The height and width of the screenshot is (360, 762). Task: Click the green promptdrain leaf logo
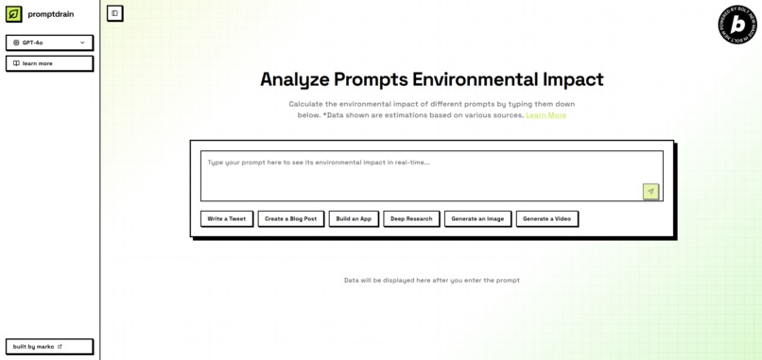(14, 14)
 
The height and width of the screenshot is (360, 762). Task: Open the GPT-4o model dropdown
(49, 43)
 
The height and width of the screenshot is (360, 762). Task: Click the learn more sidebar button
(49, 63)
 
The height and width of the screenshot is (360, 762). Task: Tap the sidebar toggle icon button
(114, 13)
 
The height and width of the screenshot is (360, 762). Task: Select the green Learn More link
(546, 115)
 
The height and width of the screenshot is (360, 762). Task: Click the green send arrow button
(650, 192)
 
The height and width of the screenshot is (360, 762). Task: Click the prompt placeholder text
(319, 163)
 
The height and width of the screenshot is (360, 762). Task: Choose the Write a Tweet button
(227, 218)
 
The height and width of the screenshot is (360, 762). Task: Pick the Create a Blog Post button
(290, 218)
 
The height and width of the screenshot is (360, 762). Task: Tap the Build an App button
(354, 218)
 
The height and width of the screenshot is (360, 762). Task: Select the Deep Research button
(411, 218)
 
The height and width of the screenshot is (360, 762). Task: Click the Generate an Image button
(477, 218)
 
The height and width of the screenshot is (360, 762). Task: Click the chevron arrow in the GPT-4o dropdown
(82, 43)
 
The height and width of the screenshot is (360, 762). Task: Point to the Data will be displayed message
(431, 281)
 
